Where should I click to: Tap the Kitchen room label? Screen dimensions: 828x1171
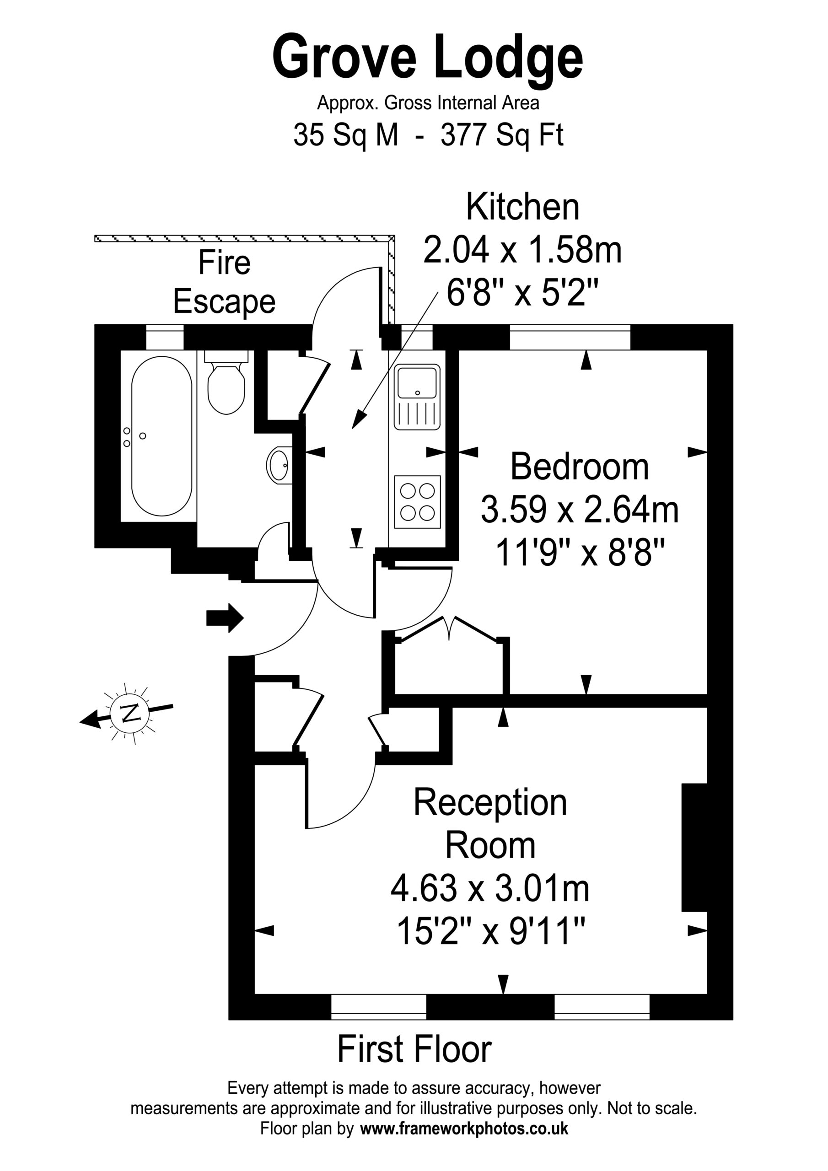[x=522, y=208]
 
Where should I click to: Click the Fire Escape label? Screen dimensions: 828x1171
[x=225, y=282]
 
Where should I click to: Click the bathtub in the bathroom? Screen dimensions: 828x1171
[x=162, y=436]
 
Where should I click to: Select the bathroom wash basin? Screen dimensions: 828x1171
[x=279, y=464]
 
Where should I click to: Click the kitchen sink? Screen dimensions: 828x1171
[x=417, y=397]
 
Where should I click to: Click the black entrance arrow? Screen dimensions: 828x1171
[x=225, y=618]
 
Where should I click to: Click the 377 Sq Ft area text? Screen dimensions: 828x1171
[x=502, y=136]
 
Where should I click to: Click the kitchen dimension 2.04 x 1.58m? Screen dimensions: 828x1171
[x=522, y=250]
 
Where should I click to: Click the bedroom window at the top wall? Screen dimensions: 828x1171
[x=570, y=337]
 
